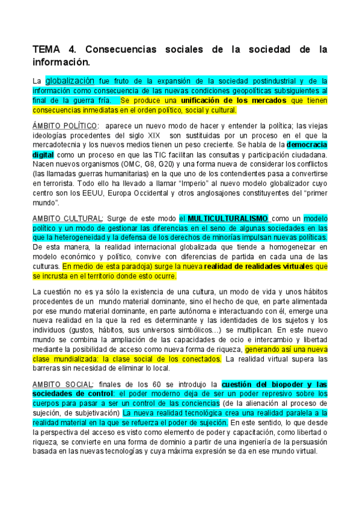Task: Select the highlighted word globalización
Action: [x=70, y=81]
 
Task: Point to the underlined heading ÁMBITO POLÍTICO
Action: [x=64, y=126]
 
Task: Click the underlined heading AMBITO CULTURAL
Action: [x=67, y=218]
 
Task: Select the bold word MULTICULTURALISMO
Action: [x=228, y=218]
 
